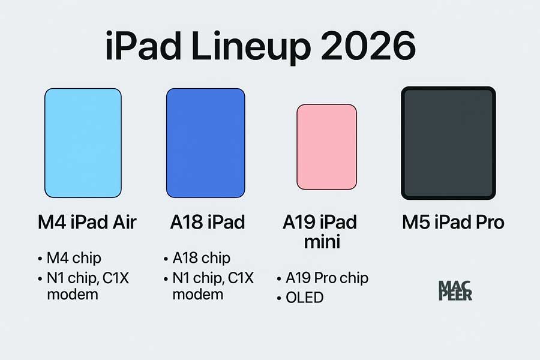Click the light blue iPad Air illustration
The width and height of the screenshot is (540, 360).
pyautogui.click(x=83, y=142)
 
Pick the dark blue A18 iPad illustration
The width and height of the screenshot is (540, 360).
pyautogui.click(x=205, y=142)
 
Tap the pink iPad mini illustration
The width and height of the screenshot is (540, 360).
pyautogui.click(x=326, y=147)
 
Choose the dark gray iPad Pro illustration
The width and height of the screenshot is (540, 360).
pyautogui.click(x=448, y=143)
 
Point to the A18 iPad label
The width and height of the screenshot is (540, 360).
pyautogui.click(x=208, y=223)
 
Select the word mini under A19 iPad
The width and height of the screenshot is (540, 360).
pyautogui.click(x=320, y=242)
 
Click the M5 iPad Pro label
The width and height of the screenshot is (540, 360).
pyautogui.click(x=453, y=223)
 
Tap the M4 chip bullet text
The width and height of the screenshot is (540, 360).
pyautogui.click(x=74, y=258)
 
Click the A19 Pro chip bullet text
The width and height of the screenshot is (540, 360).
pyautogui.click(x=326, y=278)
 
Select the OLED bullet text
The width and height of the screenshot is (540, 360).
pyautogui.click(x=305, y=297)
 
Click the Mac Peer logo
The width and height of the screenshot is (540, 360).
pyautogui.click(x=455, y=290)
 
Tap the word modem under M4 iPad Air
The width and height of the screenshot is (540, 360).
pyautogui.click(x=72, y=294)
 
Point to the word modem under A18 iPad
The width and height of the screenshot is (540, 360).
pyautogui.click(x=197, y=294)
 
